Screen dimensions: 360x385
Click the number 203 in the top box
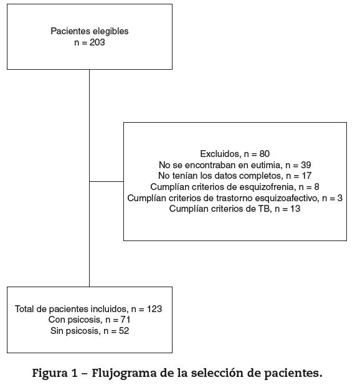coord(97,42)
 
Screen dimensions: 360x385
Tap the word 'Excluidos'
coord(220,154)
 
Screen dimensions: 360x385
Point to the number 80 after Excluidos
coord(265,154)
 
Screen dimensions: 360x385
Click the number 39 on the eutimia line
coord(306,165)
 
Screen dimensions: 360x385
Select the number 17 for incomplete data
coord(306,176)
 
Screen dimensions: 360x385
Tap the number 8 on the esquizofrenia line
coord(316,187)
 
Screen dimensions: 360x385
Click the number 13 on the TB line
coord(295,209)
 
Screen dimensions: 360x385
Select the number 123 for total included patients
coord(154,309)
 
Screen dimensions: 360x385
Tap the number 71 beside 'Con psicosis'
coord(125,320)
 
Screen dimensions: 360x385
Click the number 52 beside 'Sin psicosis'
coord(124,331)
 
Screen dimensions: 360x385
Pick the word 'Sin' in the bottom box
coord(57,331)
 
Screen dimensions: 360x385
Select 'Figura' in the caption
coord(50,373)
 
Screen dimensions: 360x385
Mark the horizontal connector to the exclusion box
coord(107,182)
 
